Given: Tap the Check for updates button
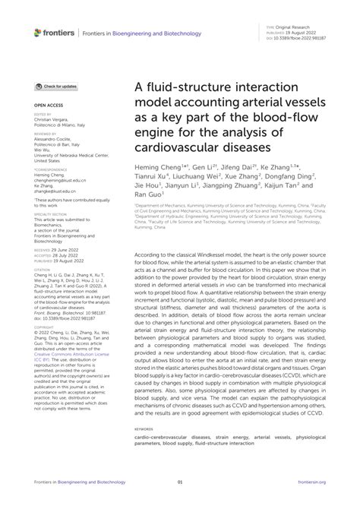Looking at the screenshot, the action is coord(56,87).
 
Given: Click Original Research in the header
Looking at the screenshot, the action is coord(302,26).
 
